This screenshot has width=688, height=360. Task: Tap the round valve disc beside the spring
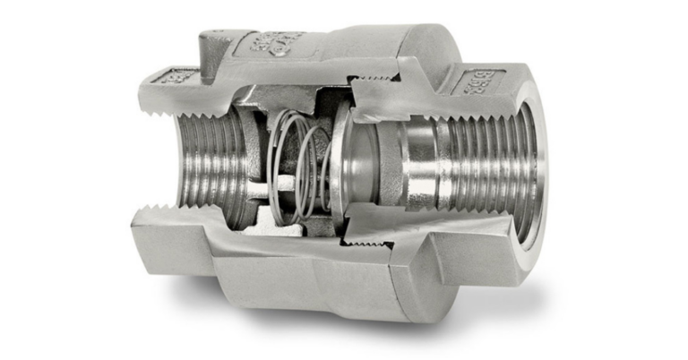pyautogui.click(x=339, y=161)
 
